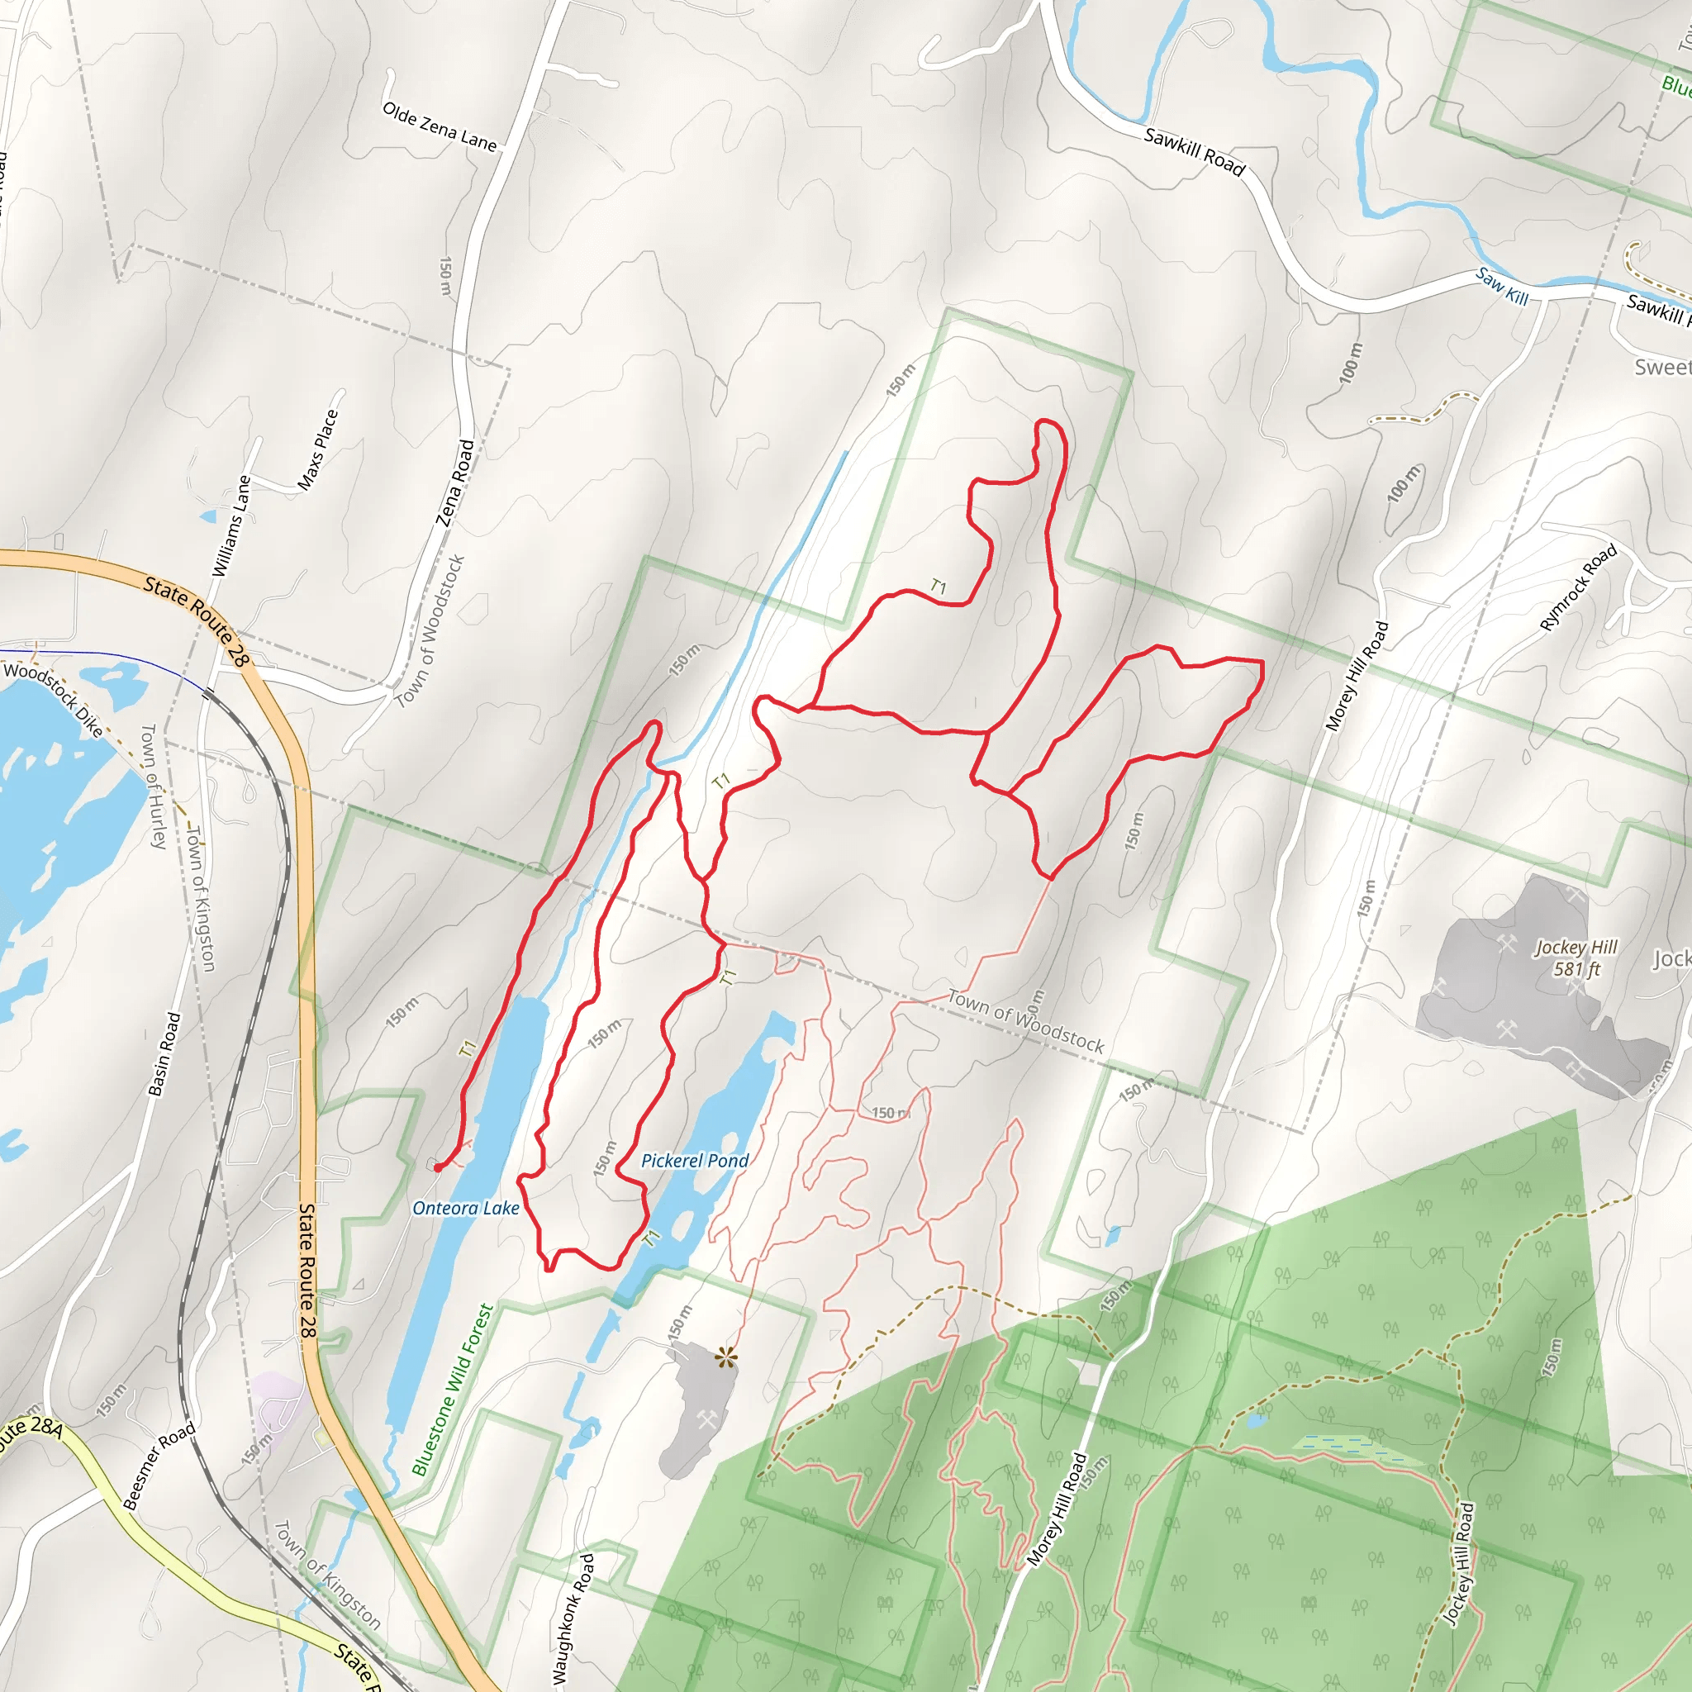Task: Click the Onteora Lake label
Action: tap(466, 1209)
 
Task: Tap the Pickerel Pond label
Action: tap(695, 1162)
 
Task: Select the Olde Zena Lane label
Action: tap(439, 126)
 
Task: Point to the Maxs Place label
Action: tap(317, 450)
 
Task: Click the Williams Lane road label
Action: tap(231, 526)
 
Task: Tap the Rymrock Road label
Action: tap(1578, 587)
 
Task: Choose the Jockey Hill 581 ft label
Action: tap(1576, 958)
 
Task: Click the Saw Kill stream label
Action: tap(1501, 287)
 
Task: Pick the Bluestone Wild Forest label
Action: tap(453, 1390)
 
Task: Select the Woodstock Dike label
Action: tap(54, 699)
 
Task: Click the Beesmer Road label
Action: tap(159, 1467)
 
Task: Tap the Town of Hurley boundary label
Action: tap(154, 786)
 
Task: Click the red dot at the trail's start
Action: tap(437, 1167)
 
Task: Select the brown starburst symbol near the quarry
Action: tap(726, 1358)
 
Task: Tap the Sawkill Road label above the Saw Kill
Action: tap(1194, 151)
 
